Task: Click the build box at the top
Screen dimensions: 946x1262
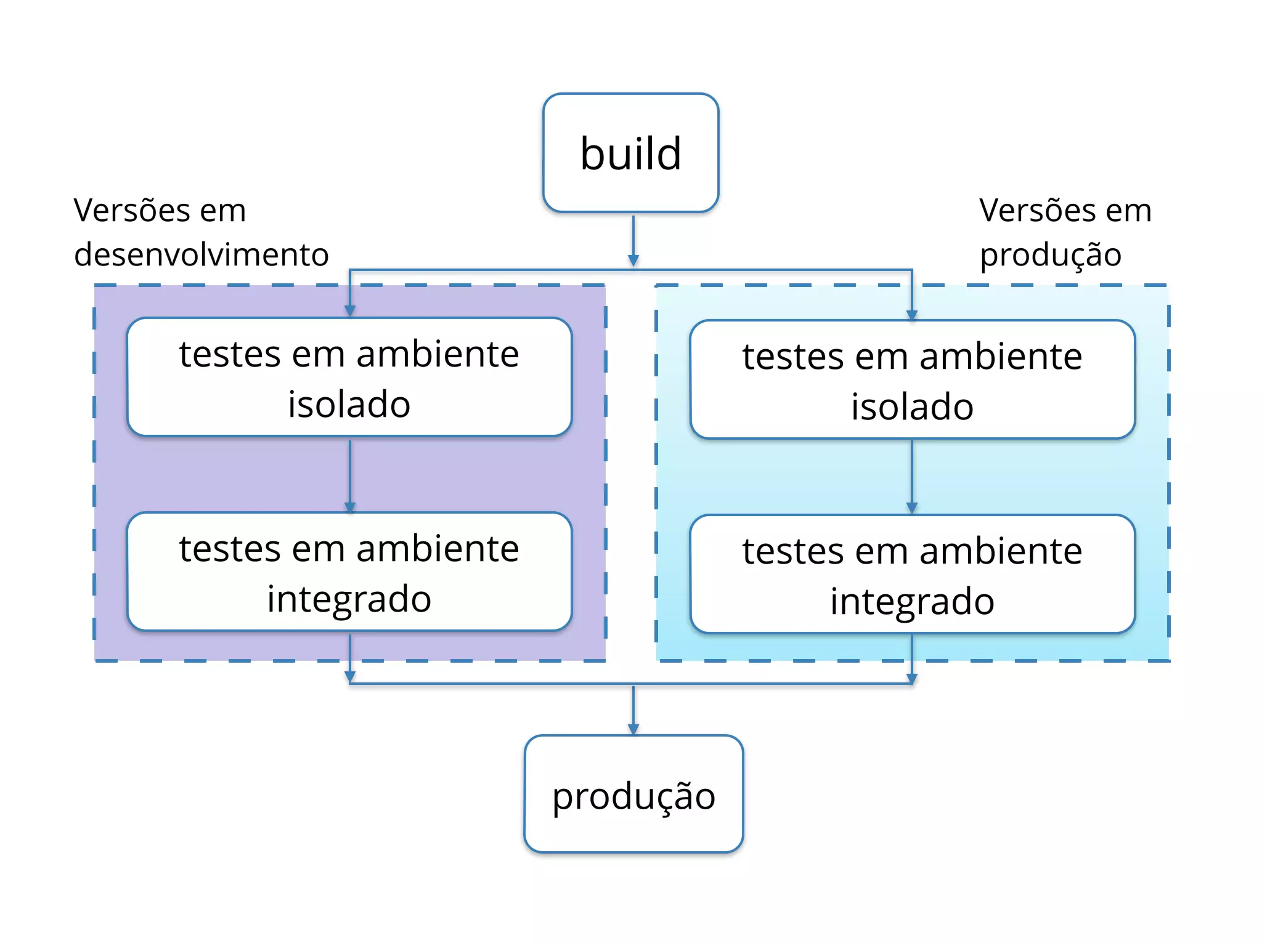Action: pyautogui.click(x=630, y=153)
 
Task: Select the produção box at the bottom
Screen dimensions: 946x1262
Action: pyautogui.click(x=633, y=794)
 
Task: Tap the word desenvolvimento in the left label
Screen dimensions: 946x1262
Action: pyautogui.click(x=202, y=254)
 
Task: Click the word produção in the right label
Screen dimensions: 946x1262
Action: pyautogui.click(x=1050, y=255)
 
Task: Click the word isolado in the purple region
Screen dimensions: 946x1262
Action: pyautogui.click(x=349, y=405)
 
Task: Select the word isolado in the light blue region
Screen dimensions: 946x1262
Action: pyautogui.click(x=912, y=407)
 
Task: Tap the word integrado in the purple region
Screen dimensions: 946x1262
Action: pyautogui.click(x=349, y=599)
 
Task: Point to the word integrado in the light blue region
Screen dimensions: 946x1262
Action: pyautogui.click(x=912, y=602)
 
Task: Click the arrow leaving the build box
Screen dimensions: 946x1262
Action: pyautogui.click(x=633, y=240)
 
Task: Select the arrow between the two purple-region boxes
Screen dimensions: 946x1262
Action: pyautogui.click(x=349, y=474)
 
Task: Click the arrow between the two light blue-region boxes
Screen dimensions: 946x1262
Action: pyautogui.click(x=912, y=475)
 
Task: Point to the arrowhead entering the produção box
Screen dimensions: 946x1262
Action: pyautogui.click(x=633, y=729)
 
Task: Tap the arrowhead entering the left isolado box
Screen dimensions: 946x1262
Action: pyautogui.click(x=349, y=310)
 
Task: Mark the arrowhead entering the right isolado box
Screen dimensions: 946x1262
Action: pyautogui.click(x=912, y=314)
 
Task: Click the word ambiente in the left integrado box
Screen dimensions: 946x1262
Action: pyautogui.click(x=438, y=549)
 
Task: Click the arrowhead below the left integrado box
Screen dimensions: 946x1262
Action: pyautogui.click(x=349, y=677)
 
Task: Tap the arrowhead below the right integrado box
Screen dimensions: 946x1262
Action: pyautogui.click(x=912, y=678)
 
